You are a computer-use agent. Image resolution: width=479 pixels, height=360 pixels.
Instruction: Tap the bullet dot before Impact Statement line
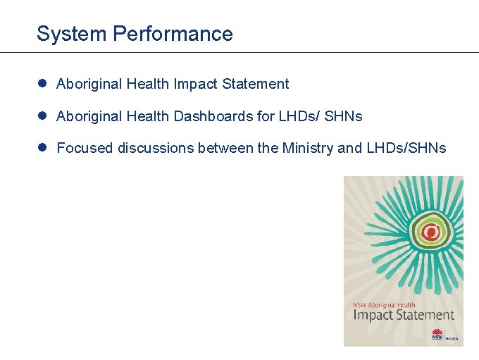pos(42,84)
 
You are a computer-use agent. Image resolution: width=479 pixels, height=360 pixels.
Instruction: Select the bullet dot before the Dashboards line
pos(42,116)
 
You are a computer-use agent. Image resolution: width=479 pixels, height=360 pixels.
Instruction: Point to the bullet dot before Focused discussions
pos(42,147)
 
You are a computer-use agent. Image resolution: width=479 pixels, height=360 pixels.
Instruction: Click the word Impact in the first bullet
pos(195,84)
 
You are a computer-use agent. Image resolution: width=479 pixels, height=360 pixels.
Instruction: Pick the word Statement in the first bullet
pos(255,84)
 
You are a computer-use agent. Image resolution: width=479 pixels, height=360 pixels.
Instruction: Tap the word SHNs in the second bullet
pos(344,116)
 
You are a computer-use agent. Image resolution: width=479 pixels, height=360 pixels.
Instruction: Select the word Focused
pos(85,148)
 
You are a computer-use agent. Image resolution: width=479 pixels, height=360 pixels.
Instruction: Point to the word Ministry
pos(308,148)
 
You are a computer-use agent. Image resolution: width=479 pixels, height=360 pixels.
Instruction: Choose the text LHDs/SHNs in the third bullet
pos(406,148)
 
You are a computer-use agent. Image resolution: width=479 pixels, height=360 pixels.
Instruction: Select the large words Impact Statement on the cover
pos(403,315)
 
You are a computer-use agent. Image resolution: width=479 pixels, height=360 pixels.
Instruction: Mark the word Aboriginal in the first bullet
pos(89,84)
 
